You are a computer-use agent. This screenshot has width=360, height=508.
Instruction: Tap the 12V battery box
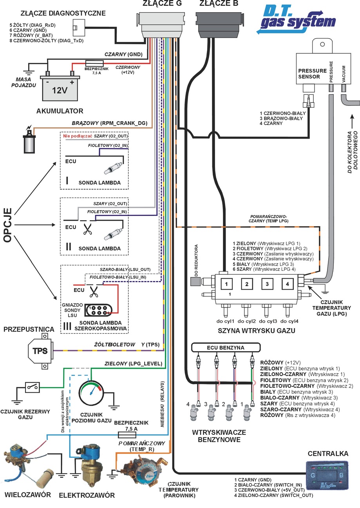pos(60,88)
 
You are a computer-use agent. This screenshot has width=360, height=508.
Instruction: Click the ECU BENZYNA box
pos(226,348)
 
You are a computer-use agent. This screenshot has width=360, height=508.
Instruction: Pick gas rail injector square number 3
pos(267,284)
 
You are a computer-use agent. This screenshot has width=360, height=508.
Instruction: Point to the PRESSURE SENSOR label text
pos(312,74)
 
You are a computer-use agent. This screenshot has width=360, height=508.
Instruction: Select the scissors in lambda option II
pos(87,229)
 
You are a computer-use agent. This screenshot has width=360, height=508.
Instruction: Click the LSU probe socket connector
pos(99,310)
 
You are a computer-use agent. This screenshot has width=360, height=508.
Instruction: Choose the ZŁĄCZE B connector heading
pos(219,3)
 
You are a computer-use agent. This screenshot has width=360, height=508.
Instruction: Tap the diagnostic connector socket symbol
pos(78,28)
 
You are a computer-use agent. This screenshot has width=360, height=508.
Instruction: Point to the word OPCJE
pos(8,225)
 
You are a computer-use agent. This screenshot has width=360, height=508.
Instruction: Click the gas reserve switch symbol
pos(32,387)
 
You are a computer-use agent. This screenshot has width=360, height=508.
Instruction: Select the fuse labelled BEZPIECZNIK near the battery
pos(94,63)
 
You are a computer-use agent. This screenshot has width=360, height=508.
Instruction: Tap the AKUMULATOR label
pos(60,111)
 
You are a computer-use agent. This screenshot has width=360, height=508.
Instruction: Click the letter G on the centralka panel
pos(313,475)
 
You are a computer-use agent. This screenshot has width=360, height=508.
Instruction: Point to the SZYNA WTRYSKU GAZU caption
pos(257,331)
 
